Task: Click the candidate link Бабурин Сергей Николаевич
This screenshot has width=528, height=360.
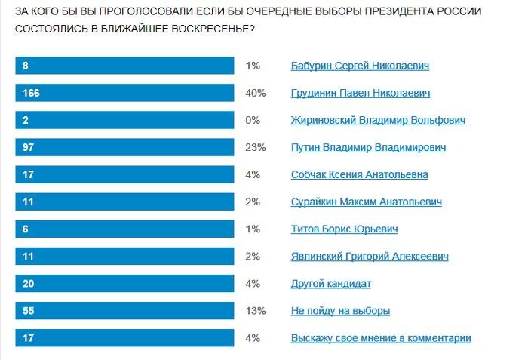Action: pyautogui.click(x=360, y=66)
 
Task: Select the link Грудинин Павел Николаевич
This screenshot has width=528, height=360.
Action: pyautogui.click(x=361, y=94)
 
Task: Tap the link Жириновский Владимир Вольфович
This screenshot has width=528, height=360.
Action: pyautogui.click(x=378, y=121)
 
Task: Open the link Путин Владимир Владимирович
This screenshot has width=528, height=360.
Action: pyautogui.click(x=369, y=148)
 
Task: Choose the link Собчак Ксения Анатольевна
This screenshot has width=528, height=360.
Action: pyautogui.click(x=360, y=175)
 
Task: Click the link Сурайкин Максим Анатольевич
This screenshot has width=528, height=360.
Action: pyautogui.click(x=367, y=202)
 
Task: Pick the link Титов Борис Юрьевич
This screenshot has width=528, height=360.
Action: pyautogui.click(x=344, y=229)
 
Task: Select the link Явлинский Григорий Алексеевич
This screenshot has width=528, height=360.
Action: pyautogui.click(x=370, y=257)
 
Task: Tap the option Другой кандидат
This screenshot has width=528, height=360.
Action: pyautogui.click(x=331, y=284)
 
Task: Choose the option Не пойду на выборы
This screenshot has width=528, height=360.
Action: pyautogui.click(x=340, y=311)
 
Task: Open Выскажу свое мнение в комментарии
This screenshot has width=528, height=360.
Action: pyautogui.click(x=381, y=338)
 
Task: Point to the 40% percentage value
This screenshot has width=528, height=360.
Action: pyautogui.click(x=256, y=94)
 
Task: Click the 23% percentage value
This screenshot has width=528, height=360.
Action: pyautogui.click(x=256, y=148)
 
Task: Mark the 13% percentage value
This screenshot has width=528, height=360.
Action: pyautogui.click(x=256, y=311)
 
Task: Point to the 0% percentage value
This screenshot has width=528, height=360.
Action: pyautogui.click(x=253, y=121)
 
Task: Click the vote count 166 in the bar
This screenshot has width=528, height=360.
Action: pyautogui.click(x=31, y=94)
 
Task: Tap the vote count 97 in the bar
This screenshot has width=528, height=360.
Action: pyautogui.click(x=29, y=148)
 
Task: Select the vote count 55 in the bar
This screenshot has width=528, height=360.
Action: pyautogui.click(x=29, y=311)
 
